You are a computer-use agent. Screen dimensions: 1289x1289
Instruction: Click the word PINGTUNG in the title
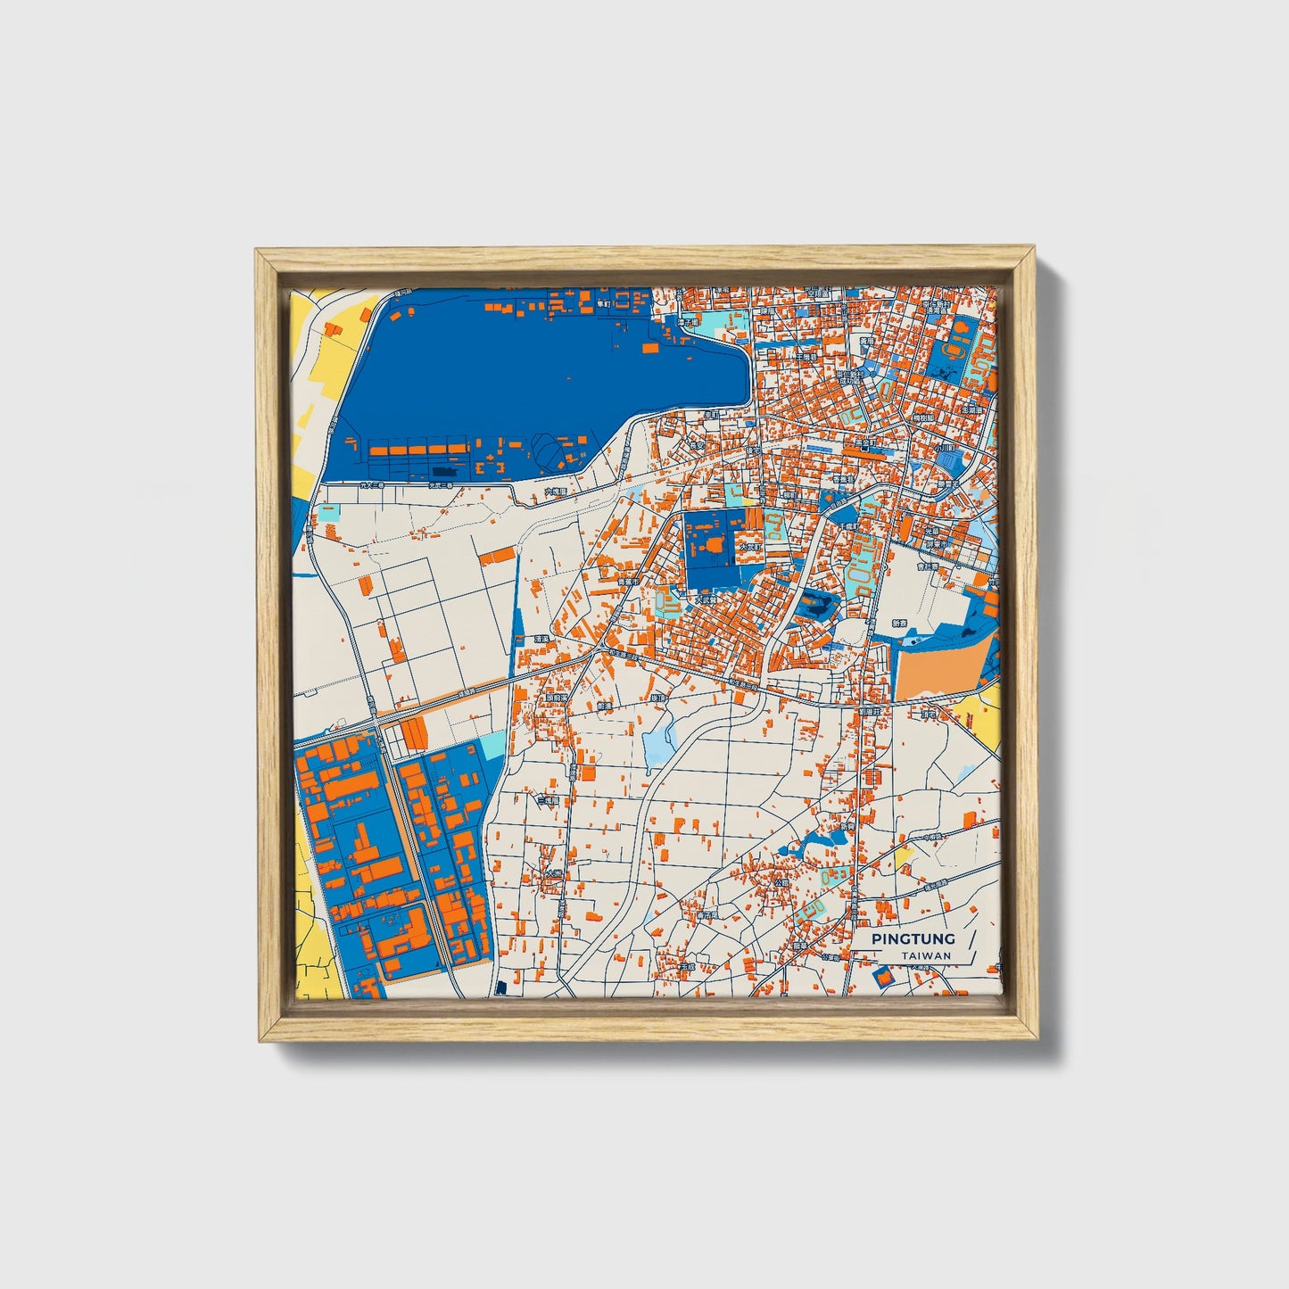tap(913, 938)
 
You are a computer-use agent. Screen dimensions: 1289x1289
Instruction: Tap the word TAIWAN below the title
tap(925, 955)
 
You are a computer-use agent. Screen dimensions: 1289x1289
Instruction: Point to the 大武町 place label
tap(706, 599)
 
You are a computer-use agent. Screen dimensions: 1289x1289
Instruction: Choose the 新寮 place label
tap(898, 624)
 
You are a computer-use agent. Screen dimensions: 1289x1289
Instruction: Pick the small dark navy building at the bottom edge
tap(501, 987)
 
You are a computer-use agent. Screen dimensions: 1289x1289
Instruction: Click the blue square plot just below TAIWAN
tap(883, 977)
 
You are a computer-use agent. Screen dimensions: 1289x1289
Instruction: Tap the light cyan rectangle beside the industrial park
tap(492, 745)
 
